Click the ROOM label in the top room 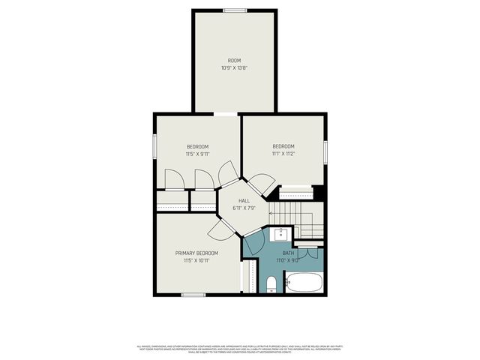[x=235, y=60]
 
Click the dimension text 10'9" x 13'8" [x=235, y=67]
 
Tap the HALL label [x=244, y=201]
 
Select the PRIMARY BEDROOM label [x=196, y=253]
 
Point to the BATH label [x=288, y=253]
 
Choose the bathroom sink [x=282, y=232]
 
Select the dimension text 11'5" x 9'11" [x=197, y=154]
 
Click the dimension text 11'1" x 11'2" [x=283, y=154]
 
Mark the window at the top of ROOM [x=235, y=10]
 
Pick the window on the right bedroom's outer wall [x=325, y=150]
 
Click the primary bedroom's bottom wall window [x=193, y=295]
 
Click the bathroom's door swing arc [x=253, y=241]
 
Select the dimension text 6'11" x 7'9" [x=244, y=208]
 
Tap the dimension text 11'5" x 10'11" [x=196, y=260]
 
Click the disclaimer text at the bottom [x=239, y=349]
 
